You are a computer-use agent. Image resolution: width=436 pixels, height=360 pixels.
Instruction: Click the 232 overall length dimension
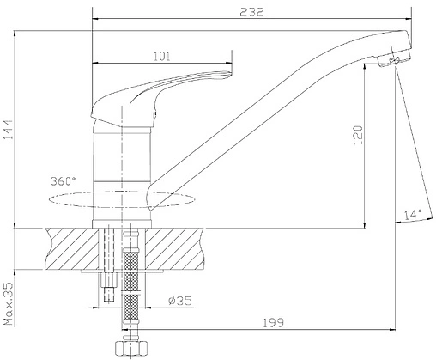click(251, 12)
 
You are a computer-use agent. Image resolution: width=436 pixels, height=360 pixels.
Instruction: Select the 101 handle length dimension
click(162, 56)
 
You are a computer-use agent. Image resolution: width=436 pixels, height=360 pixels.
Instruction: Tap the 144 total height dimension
click(9, 130)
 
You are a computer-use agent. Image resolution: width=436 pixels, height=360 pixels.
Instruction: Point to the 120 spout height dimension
click(358, 135)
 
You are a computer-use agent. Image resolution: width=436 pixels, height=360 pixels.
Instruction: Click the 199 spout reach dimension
click(273, 323)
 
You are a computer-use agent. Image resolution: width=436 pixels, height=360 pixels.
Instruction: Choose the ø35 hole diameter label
click(180, 301)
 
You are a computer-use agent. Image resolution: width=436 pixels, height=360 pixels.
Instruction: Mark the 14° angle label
click(413, 214)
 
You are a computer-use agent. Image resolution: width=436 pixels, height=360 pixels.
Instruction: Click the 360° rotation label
click(64, 181)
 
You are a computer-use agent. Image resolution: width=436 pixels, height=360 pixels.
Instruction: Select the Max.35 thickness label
click(9, 303)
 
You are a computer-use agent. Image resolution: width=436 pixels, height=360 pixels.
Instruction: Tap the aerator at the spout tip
click(394, 58)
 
